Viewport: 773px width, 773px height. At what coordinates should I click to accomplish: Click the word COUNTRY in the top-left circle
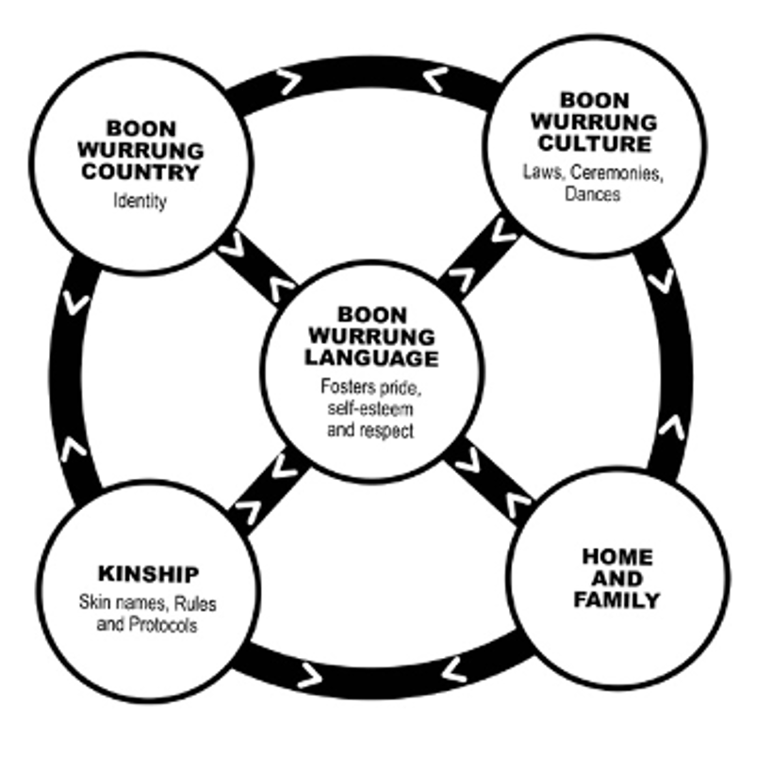point(153,173)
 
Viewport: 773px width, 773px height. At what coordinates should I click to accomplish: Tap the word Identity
point(140,202)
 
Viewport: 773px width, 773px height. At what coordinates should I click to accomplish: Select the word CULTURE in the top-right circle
point(594,144)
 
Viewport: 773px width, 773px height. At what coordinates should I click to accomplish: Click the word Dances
point(593,194)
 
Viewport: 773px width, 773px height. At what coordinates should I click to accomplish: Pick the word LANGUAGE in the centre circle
point(371,358)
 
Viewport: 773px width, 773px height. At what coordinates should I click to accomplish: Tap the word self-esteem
point(357,408)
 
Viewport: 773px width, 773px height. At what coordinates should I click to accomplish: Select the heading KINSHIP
point(148,574)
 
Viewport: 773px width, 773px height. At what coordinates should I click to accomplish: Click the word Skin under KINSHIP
point(100,603)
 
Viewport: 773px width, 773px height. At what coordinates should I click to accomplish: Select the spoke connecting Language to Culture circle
point(480,255)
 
